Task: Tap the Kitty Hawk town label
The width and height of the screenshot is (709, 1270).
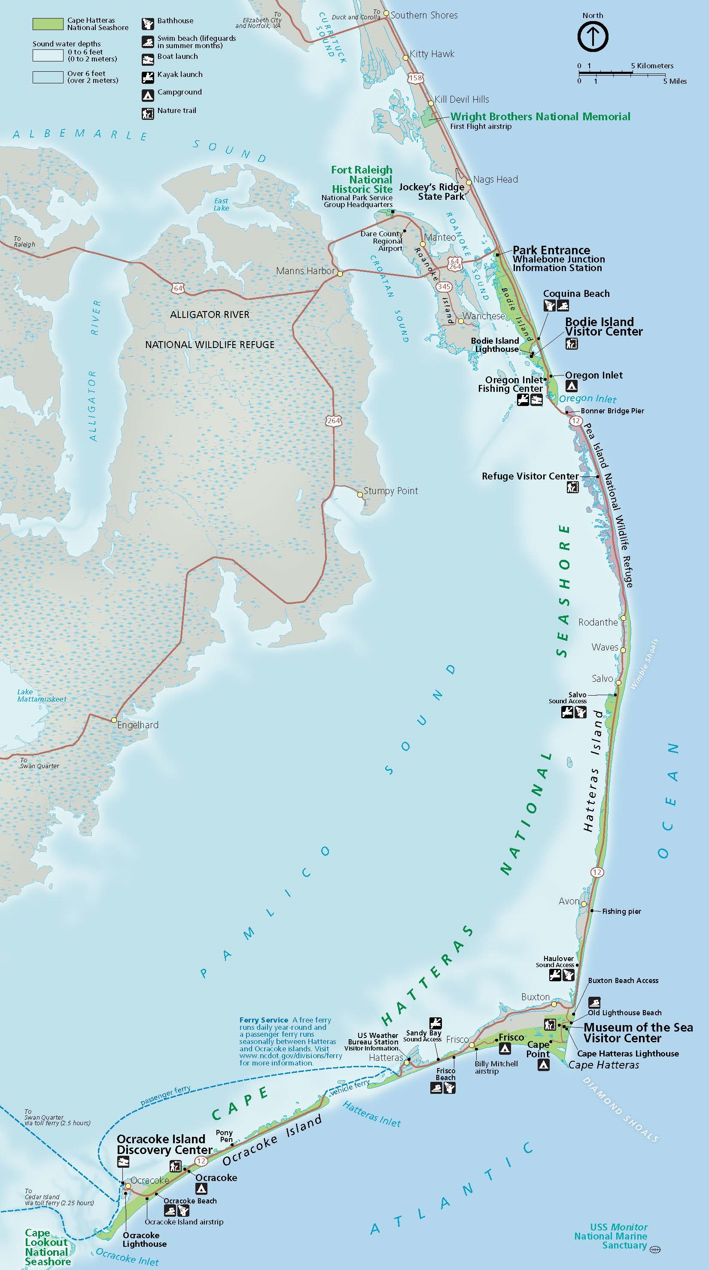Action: pos(432,54)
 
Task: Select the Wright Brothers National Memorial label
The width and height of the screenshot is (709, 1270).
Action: pos(540,116)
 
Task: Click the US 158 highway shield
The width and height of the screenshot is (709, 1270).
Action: pos(415,78)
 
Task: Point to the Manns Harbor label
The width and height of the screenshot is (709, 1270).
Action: pos(305,271)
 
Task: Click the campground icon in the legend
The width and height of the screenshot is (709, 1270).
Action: pos(148,95)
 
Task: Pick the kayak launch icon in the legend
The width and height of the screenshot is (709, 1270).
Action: pos(148,77)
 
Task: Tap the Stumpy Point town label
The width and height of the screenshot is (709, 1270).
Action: pos(390,491)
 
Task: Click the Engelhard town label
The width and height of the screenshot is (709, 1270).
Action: pos(137,725)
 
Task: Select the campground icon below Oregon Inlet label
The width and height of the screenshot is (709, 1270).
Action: pos(571,387)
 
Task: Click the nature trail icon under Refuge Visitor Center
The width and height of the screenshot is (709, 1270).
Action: pos(572,488)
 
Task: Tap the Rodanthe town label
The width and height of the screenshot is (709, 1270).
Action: pos(598,622)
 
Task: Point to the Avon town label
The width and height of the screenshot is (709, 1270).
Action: pos(569,901)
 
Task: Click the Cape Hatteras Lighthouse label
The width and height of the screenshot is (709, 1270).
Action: pos(628,1053)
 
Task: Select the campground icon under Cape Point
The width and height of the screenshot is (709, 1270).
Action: pos(543,1065)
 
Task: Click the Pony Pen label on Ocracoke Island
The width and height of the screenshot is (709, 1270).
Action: pos(224,1136)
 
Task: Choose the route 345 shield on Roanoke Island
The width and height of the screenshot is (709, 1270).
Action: pos(444,287)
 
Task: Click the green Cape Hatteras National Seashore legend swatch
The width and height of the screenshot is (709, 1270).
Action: pos(48,24)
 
